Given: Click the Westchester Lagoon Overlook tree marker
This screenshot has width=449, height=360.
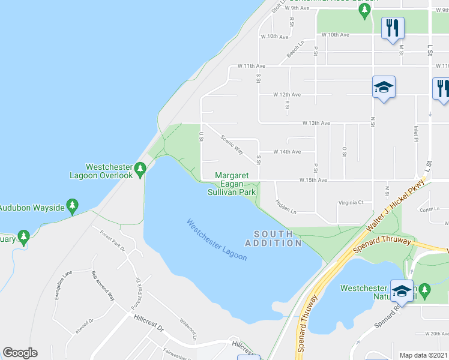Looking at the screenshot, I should [140, 169].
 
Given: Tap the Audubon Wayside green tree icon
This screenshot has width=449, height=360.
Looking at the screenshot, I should [72, 207].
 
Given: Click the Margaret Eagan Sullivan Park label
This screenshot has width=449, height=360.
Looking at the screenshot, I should [232, 184].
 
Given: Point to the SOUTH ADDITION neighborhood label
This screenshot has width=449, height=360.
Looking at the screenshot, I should [273, 238].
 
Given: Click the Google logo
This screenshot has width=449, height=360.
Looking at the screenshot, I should [20, 353].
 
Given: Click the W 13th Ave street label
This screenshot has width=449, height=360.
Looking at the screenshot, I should [316, 123].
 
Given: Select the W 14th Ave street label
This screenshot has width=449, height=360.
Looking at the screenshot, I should [287, 152].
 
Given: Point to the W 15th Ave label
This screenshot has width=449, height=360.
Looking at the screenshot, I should [313, 180].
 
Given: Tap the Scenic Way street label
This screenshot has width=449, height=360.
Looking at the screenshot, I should [232, 145].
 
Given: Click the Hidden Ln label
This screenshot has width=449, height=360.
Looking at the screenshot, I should [286, 207].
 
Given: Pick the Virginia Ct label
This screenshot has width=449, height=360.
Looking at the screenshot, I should [351, 203].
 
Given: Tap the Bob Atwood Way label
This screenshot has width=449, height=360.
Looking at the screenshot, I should [103, 286].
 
